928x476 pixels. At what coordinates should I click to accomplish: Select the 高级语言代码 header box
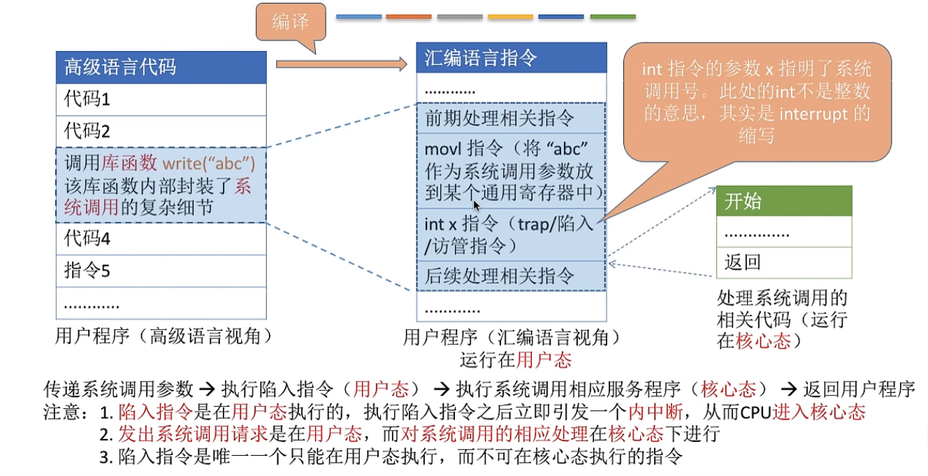[x=161, y=67]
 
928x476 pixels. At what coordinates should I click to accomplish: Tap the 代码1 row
[x=161, y=99]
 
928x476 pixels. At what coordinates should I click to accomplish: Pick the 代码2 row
[x=161, y=131]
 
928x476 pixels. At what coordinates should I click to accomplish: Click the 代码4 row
[x=161, y=238]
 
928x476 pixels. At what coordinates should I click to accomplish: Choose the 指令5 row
[x=161, y=271]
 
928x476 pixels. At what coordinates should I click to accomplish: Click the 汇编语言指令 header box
[x=511, y=59]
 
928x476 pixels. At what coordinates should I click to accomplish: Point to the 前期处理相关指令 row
[x=511, y=118]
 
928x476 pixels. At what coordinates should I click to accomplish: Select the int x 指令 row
[x=511, y=234]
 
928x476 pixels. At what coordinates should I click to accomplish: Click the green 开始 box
[x=784, y=201]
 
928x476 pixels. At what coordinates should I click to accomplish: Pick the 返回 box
[x=784, y=263]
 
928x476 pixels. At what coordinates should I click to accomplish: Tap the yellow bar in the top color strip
[x=510, y=16]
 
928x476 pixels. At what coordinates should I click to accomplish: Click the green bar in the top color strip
[x=613, y=16]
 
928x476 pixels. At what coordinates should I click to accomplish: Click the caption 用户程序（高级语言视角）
[x=163, y=337]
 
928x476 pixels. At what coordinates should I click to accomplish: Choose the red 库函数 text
[x=130, y=164]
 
